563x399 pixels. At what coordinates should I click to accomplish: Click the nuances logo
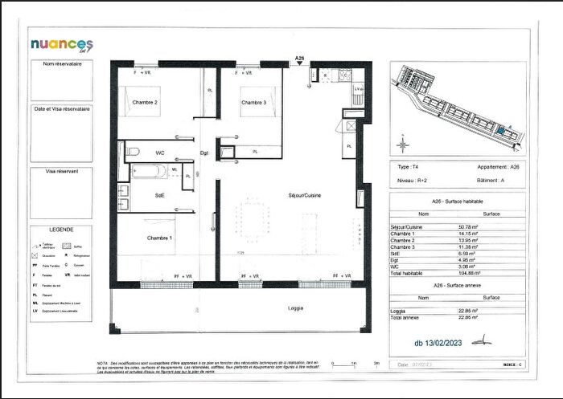[x=62, y=44]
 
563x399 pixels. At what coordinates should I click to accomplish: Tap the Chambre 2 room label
[x=145, y=103]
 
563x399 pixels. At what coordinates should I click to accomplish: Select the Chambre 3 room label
[x=253, y=103]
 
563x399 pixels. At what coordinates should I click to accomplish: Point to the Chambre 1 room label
[x=158, y=238]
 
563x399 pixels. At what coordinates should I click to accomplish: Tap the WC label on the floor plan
[x=160, y=152]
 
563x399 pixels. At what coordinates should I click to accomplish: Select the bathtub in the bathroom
[x=149, y=170]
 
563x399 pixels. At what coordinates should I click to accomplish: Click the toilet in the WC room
[x=134, y=151]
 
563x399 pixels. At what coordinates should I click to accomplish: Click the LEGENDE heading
[x=61, y=229]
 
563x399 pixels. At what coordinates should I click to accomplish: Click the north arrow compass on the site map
[x=403, y=144]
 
